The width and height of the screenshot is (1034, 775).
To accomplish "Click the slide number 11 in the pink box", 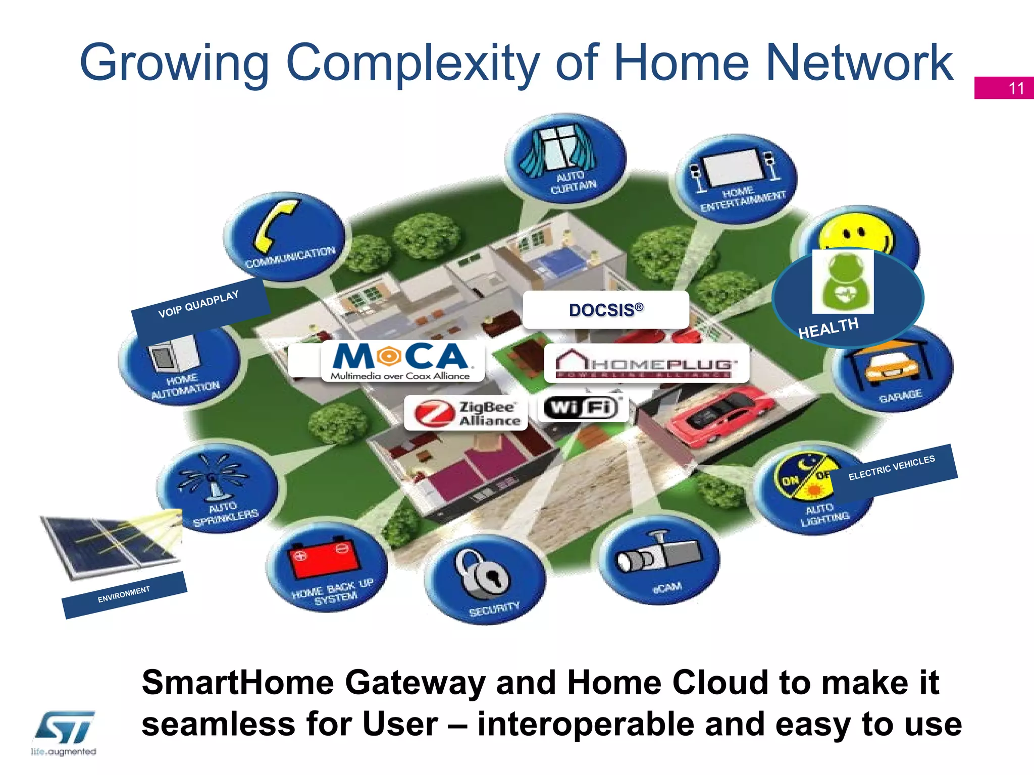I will [1016, 88].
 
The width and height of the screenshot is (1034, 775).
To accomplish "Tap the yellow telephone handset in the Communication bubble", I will [277, 226].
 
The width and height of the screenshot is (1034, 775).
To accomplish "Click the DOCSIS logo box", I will [606, 310].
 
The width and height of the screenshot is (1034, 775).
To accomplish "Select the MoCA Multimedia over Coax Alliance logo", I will [402, 360].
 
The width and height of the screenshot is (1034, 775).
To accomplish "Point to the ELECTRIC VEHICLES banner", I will [893, 469].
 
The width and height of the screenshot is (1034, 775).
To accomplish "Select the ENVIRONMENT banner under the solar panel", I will [124, 594].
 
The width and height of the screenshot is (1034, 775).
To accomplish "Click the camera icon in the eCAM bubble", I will [658, 554].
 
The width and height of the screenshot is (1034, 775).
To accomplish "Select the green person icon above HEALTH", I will [843, 282].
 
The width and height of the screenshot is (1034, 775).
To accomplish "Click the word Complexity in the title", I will [412, 63].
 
